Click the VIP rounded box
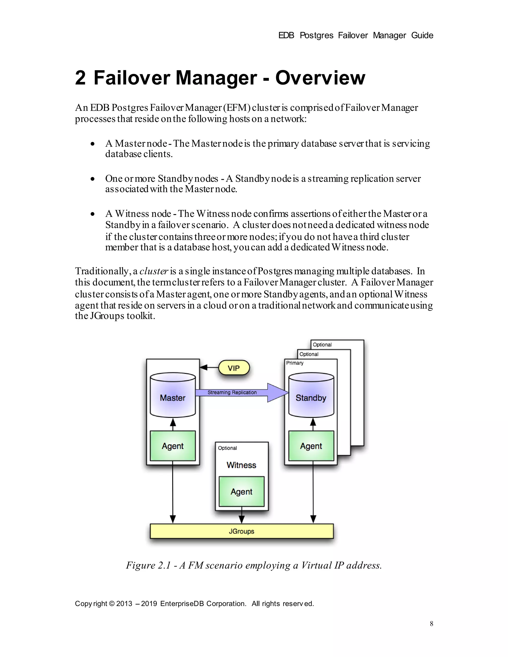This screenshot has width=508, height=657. (x=234, y=368)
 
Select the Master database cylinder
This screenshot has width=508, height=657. (x=173, y=395)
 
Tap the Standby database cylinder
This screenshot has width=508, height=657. (x=311, y=395)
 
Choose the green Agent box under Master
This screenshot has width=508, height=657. (x=173, y=446)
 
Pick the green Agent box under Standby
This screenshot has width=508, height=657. (x=311, y=446)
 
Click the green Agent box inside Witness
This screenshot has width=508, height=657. (x=242, y=492)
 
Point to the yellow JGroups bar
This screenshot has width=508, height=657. (x=242, y=531)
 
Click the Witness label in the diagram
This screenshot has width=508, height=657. (x=242, y=465)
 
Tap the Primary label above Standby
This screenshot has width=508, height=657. (x=295, y=363)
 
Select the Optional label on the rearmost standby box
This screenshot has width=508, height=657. (x=322, y=345)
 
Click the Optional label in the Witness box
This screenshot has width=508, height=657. (x=227, y=448)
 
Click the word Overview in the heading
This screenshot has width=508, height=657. (x=320, y=78)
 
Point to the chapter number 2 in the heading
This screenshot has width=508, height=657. (x=80, y=78)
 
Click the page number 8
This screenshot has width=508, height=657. (x=431, y=624)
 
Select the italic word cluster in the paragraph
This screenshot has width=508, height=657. (x=153, y=271)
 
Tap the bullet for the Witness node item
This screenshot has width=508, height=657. (x=93, y=214)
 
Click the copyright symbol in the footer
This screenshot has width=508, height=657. (x=112, y=604)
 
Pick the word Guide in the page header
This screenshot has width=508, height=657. (x=422, y=35)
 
